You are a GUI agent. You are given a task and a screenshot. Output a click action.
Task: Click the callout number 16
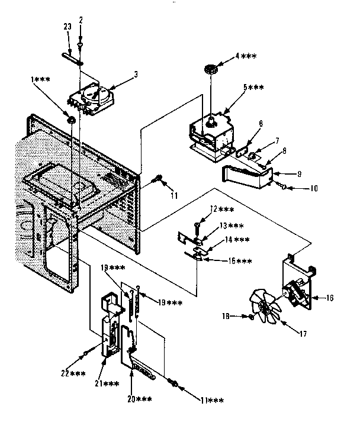coord(330,298)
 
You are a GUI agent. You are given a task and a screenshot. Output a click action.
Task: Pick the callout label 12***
coord(222,209)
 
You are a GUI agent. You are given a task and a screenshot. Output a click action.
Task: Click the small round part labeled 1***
coord(70,121)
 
